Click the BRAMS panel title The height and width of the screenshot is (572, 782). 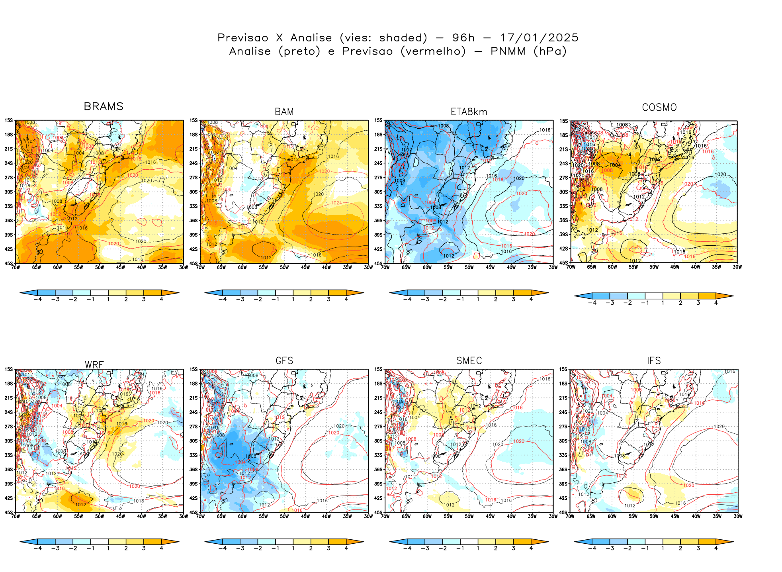click(x=104, y=106)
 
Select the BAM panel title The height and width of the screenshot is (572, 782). click(x=284, y=112)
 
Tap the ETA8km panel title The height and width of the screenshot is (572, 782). click(x=469, y=112)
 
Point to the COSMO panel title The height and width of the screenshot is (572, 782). click(x=659, y=108)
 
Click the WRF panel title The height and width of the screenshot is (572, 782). click(x=94, y=365)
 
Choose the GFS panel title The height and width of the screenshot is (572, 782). click(x=284, y=360)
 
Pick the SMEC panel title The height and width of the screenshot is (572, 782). click(x=469, y=360)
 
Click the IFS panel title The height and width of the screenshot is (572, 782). click(x=654, y=360)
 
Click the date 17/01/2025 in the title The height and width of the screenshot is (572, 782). click(x=539, y=38)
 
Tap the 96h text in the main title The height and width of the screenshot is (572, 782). click(x=463, y=38)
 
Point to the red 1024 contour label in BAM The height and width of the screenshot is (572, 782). click(x=336, y=203)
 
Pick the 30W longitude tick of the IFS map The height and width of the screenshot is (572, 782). click(x=738, y=516)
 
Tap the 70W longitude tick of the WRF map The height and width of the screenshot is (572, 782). click(x=16, y=516)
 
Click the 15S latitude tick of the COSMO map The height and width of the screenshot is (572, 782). click(x=563, y=121)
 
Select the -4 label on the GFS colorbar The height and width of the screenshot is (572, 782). click(x=223, y=548)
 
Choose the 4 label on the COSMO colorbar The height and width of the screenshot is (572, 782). click(x=716, y=303)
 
